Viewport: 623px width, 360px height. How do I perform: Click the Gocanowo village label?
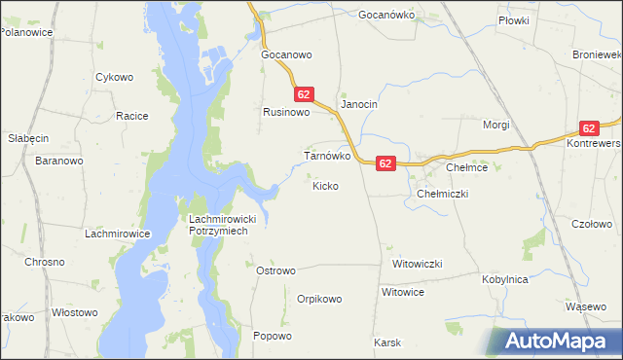pos(284,55)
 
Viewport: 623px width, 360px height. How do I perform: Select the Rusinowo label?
pos(286,113)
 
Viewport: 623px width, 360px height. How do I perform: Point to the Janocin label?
pos(358,104)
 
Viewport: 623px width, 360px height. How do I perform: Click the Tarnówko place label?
pos(327,156)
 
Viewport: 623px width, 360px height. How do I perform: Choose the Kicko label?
pos(325,185)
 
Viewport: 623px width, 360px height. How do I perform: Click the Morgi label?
pos(496,126)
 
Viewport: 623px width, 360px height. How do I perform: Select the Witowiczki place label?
pos(418,265)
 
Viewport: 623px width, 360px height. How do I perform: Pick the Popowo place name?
pos(272,337)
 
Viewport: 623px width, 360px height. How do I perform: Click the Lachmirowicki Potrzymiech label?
pos(220,226)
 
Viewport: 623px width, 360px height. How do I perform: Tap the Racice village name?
pos(131,117)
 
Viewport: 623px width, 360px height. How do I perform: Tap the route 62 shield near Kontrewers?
pos(589,128)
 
